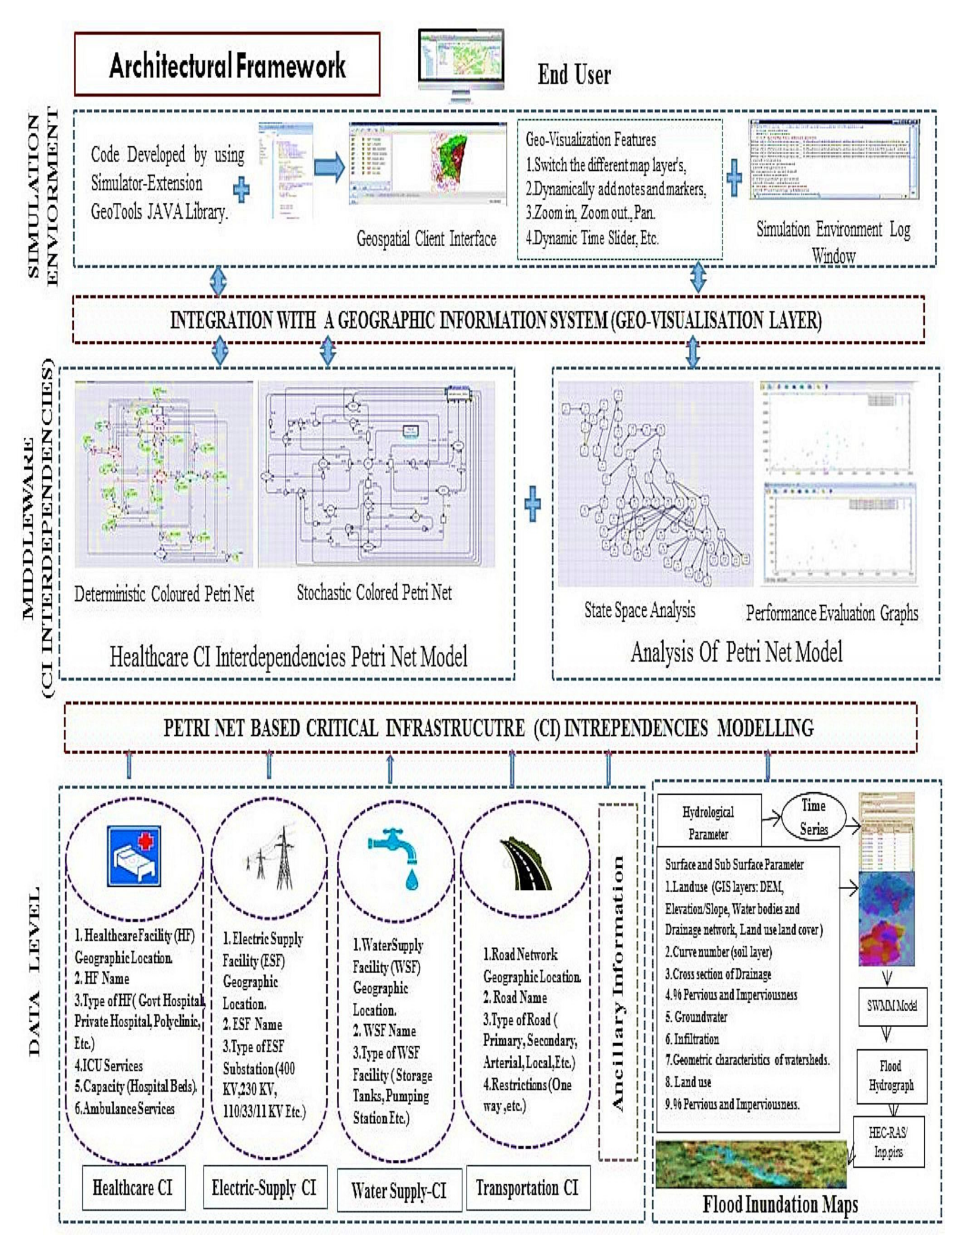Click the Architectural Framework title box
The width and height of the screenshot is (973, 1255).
[227, 64]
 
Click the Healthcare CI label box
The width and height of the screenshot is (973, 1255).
[133, 1188]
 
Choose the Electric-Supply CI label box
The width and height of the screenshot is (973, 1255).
[265, 1187]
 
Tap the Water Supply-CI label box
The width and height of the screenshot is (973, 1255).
[399, 1190]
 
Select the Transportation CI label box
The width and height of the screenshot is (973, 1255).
[528, 1188]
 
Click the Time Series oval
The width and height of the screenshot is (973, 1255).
[813, 817]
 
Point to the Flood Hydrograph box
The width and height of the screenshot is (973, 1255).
[891, 1076]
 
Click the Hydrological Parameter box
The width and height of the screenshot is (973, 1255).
[708, 823]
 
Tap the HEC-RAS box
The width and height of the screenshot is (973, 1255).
[888, 1142]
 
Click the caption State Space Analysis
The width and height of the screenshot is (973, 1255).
[639, 610]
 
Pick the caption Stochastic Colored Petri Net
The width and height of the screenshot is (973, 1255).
[374, 592]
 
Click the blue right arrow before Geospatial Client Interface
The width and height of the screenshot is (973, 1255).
[329, 167]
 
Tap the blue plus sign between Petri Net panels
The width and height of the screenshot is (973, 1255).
[533, 504]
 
